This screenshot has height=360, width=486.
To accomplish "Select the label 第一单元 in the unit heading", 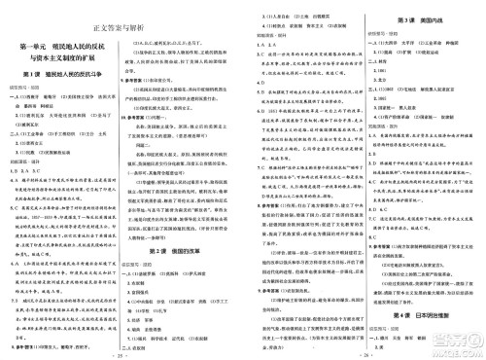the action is pyautogui.click(x=37, y=46).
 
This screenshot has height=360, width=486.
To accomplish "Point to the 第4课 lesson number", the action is pyautogui.click(x=393, y=289).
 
